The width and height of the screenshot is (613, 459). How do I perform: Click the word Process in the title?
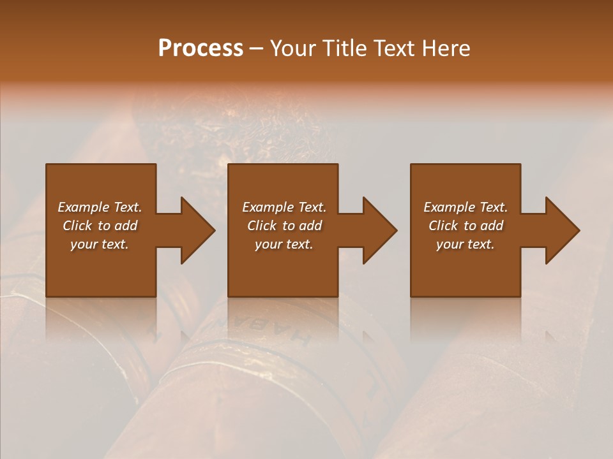pyautogui.click(x=201, y=48)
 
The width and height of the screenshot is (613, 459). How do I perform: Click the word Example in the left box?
pyautogui.click(x=83, y=207)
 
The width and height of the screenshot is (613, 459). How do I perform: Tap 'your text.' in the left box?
pyautogui.click(x=100, y=244)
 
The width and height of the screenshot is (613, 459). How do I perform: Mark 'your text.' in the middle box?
pyautogui.click(x=284, y=244)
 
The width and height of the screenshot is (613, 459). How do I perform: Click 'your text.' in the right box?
pyautogui.click(x=465, y=244)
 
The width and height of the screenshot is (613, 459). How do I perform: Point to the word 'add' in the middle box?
pyautogui.click(x=310, y=226)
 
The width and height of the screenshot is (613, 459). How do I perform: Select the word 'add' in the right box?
pyautogui.click(x=492, y=226)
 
